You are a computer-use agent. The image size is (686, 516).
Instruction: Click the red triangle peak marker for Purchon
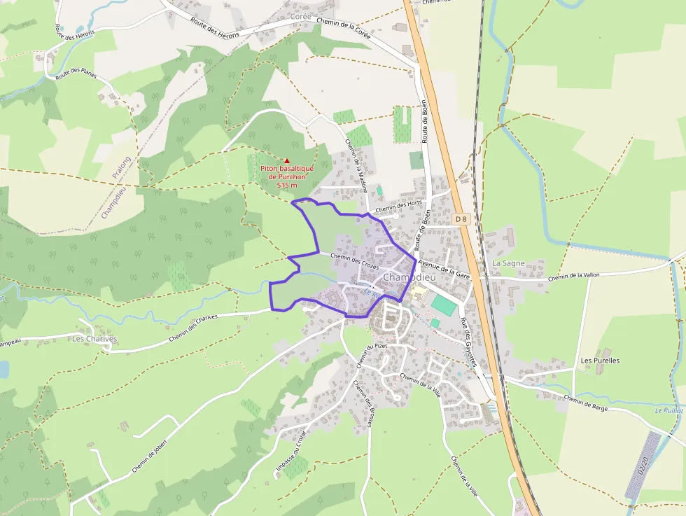(x=286, y=160)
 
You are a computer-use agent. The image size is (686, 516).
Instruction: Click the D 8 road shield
(x=460, y=219)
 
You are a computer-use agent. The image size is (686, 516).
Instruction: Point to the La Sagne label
(x=507, y=263)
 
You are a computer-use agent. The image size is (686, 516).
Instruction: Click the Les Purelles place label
(x=600, y=361)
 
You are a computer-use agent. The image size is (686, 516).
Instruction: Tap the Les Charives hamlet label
(x=94, y=339)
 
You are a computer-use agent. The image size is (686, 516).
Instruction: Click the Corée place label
(x=300, y=15)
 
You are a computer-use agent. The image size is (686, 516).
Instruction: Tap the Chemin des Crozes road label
(x=354, y=261)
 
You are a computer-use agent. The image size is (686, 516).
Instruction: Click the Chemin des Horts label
(x=398, y=205)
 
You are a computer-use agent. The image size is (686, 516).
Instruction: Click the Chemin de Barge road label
(x=585, y=403)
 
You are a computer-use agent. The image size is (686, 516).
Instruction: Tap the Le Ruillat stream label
(x=669, y=410)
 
